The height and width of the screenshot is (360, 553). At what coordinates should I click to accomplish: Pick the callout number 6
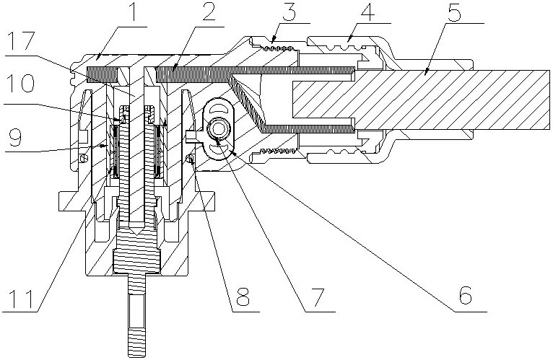tap(464, 297)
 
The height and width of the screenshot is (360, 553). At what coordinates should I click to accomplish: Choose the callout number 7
tap(316, 297)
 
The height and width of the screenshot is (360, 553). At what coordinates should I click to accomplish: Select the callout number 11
tap(20, 297)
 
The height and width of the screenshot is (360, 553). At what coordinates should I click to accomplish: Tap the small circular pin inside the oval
tap(217, 128)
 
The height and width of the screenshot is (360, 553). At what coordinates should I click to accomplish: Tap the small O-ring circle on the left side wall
tap(84, 157)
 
